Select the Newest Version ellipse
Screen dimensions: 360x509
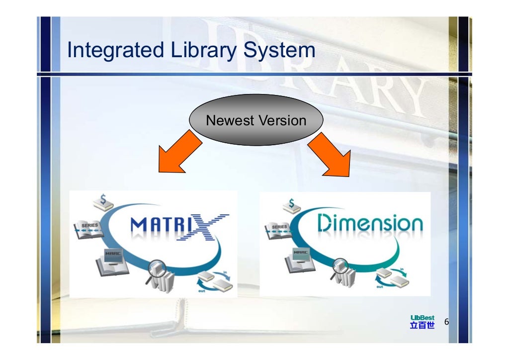(256, 120)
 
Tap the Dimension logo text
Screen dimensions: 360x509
(370, 225)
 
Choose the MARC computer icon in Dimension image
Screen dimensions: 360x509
(300, 260)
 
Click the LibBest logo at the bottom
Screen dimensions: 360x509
(422, 322)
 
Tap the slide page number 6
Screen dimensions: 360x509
(446, 322)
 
